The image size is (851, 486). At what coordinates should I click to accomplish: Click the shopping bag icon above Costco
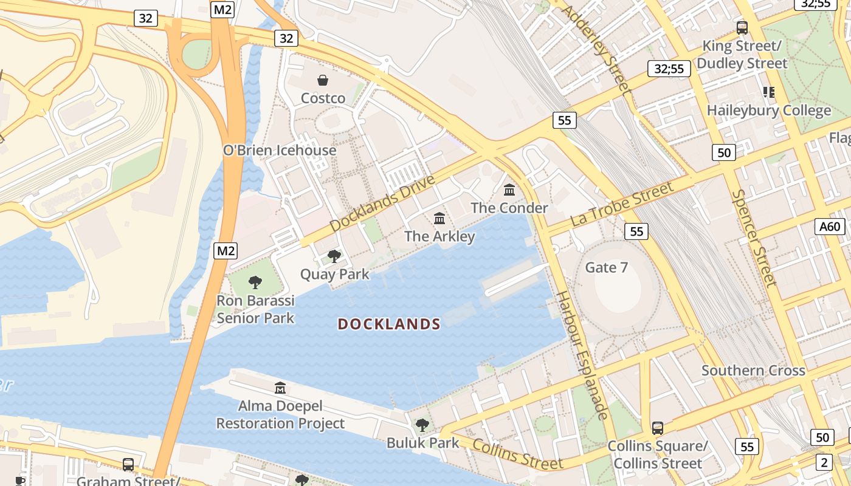click(323, 80)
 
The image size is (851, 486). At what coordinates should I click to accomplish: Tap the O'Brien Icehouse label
click(280, 151)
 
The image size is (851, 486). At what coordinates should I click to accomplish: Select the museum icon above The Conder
click(509, 190)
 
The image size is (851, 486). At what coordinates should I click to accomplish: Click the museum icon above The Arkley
click(439, 218)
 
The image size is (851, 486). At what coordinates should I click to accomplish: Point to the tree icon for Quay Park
click(334, 256)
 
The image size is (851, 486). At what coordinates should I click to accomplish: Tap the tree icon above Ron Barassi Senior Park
click(255, 282)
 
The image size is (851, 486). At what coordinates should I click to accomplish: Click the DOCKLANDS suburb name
click(389, 324)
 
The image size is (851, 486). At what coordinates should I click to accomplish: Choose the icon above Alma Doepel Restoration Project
click(280, 388)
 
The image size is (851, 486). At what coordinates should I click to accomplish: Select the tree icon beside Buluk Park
click(422, 425)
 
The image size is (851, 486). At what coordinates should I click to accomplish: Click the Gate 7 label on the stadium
click(606, 267)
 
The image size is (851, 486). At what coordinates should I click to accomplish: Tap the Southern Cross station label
click(753, 371)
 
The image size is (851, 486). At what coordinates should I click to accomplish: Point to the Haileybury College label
click(768, 111)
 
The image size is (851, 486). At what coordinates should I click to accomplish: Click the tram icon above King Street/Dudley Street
click(742, 27)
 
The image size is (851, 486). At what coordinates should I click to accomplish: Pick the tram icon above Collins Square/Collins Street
click(657, 428)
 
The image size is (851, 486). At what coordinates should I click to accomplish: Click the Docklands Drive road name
click(383, 203)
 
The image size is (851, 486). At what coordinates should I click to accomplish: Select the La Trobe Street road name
click(622, 204)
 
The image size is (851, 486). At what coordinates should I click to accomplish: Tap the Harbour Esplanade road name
click(582, 355)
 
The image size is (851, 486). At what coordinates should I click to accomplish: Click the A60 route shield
click(830, 227)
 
